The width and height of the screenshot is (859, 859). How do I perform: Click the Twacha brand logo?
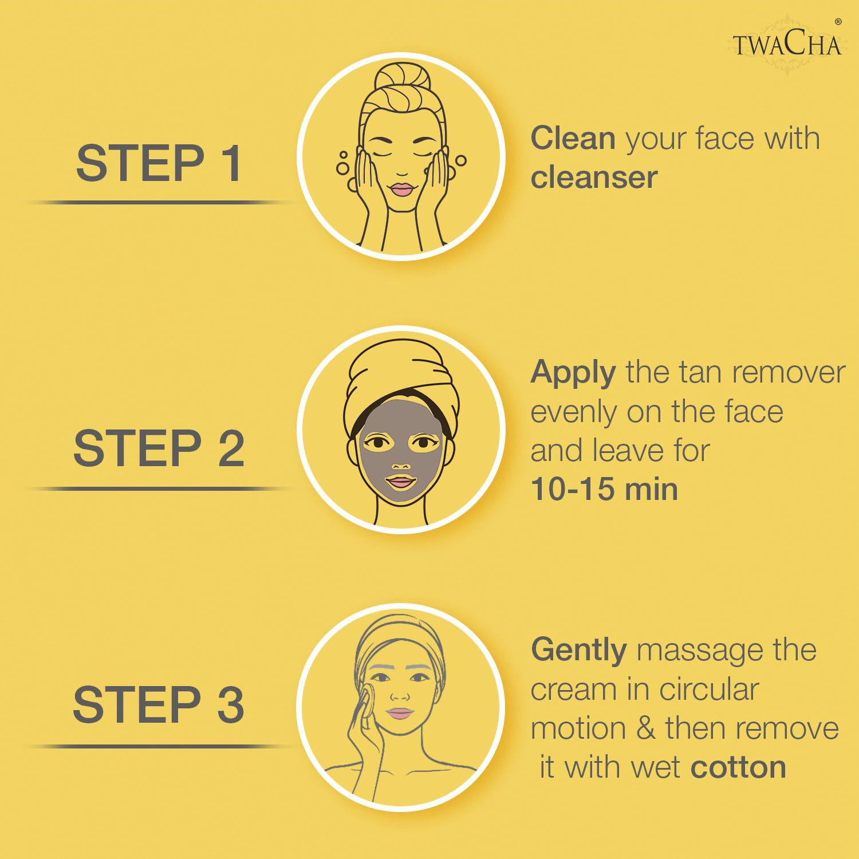(787, 44)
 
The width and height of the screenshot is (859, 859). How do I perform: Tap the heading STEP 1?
(159, 163)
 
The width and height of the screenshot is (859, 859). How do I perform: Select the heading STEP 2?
(159, 448)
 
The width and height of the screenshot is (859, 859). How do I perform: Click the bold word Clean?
(573, 139)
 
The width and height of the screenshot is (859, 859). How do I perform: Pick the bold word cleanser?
(594, 178)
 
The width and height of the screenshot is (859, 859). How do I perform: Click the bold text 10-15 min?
(604, 490)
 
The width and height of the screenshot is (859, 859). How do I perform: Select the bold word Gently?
(579, 652)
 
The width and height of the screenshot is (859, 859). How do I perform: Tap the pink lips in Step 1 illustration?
(402, 190)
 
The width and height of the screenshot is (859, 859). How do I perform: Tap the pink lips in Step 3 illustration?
(400, 714)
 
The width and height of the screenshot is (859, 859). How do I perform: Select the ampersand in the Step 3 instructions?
(645, 729)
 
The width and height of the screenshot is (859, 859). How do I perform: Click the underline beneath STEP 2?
(159, 489)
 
